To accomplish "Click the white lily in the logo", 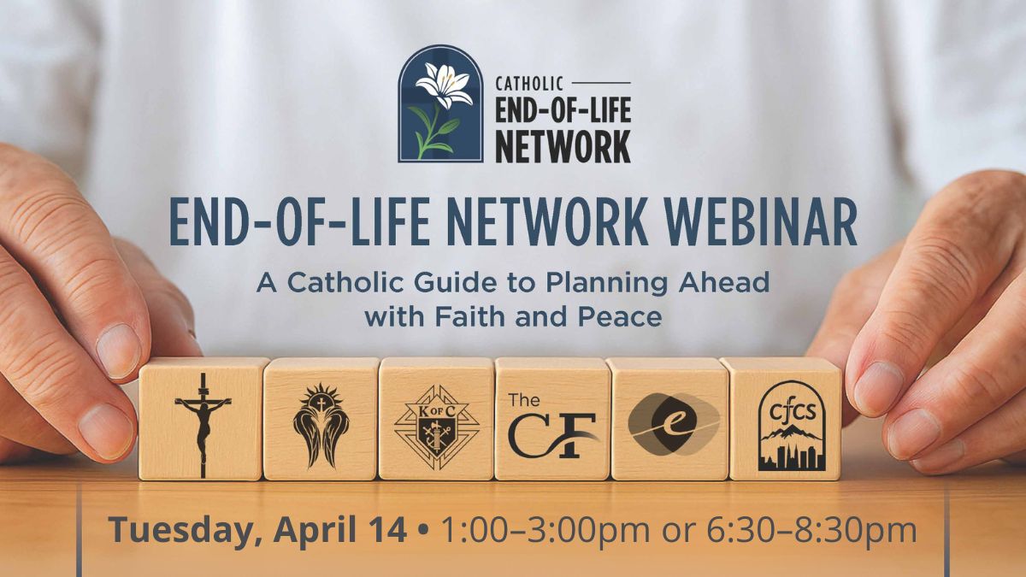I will click(443, 85).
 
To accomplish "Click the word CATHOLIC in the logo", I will click(529, 84).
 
